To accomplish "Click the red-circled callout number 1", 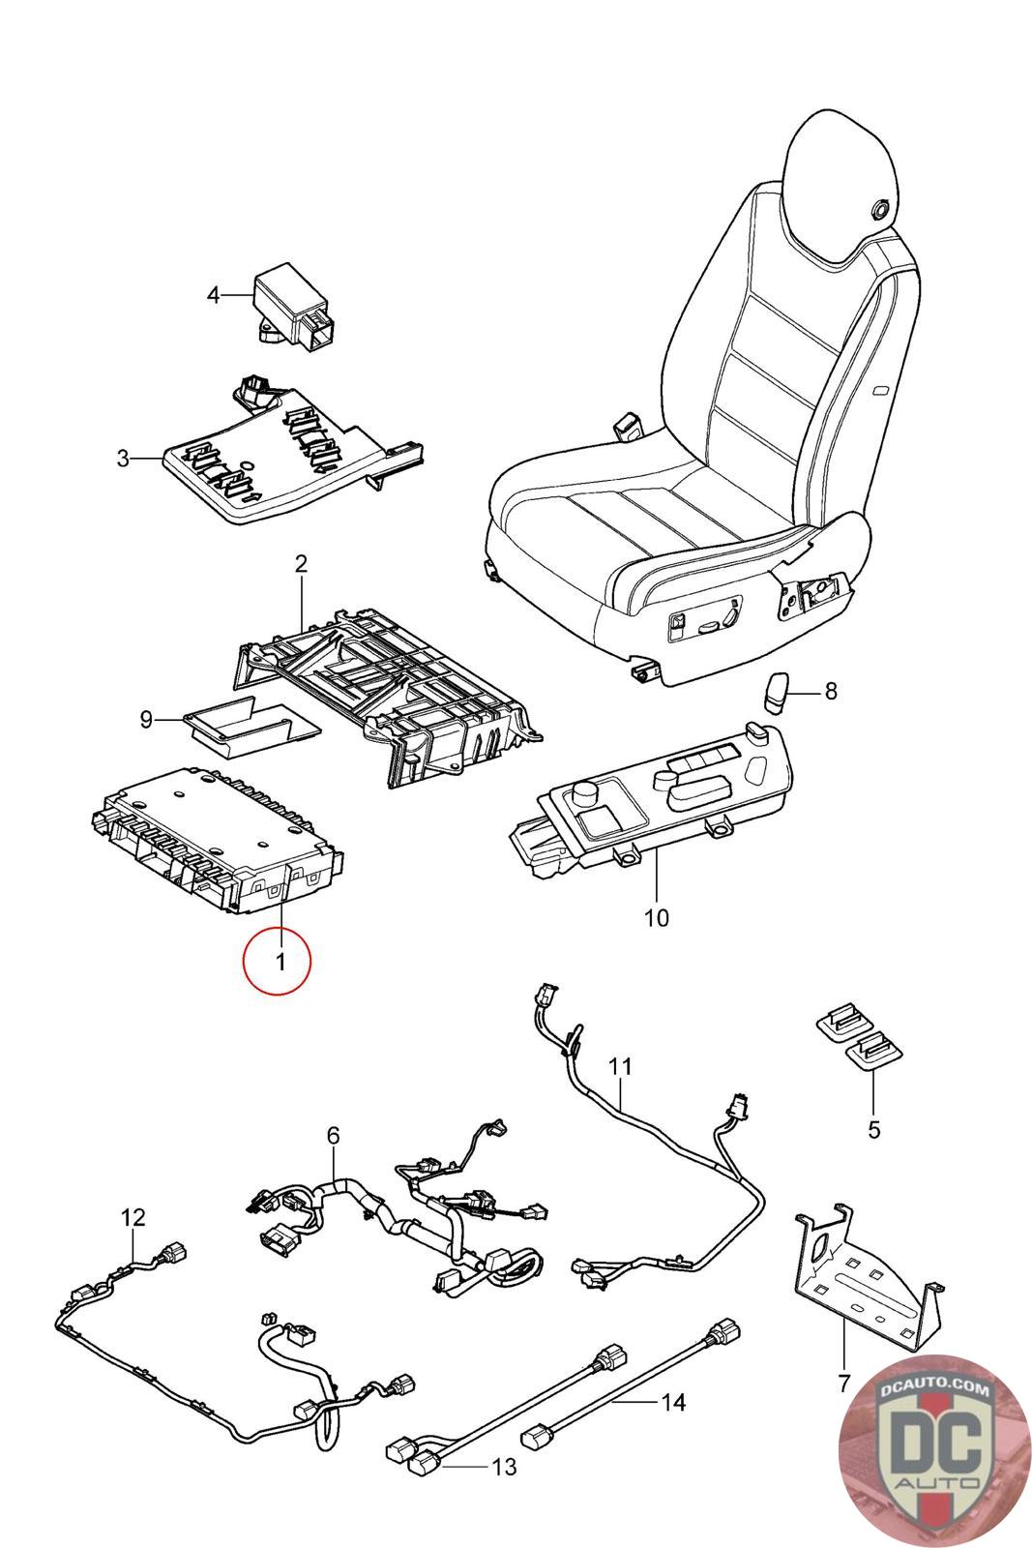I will (279, 962).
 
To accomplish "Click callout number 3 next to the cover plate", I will (123, 458).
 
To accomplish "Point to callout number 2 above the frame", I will (301, 564).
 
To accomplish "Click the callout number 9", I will (146, 719).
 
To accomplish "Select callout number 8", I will (830, 691).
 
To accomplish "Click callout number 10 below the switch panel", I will (656, 916).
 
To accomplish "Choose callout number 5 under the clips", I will (873, 1129).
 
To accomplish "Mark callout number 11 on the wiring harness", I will (620, 1065).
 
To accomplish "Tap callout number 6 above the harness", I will (333, 1135).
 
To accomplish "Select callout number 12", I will (132, 1217).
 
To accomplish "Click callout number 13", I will (504, 1468).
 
